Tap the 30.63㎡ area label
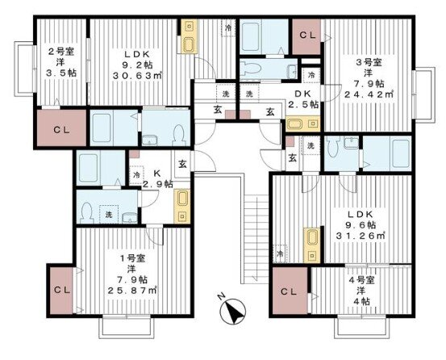click(x=137, y=76)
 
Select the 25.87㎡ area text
click(x=133, y=291)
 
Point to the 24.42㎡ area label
click(x=369, y=94)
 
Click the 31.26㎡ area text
click(x=361, y=236)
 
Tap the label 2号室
click(x=60, y=52)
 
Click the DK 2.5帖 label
click(x=303, y=98)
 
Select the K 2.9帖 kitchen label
click(x=157, y=178)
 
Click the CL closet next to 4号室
click(x=290, y=291)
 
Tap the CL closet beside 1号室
click(x=61, y=291)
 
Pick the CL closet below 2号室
click(x=62, y=128)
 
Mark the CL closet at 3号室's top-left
click(x=307, y=36)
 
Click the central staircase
click(x=256, y=239)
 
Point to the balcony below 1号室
click(x=127, y=327)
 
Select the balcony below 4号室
click(x=362, y=327)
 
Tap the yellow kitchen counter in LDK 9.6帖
click(x=312, y=245)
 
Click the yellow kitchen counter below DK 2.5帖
click(x=302, y=123)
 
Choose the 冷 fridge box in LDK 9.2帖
click(x=228, y=27)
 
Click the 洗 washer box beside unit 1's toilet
click(x=109, y=215)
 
